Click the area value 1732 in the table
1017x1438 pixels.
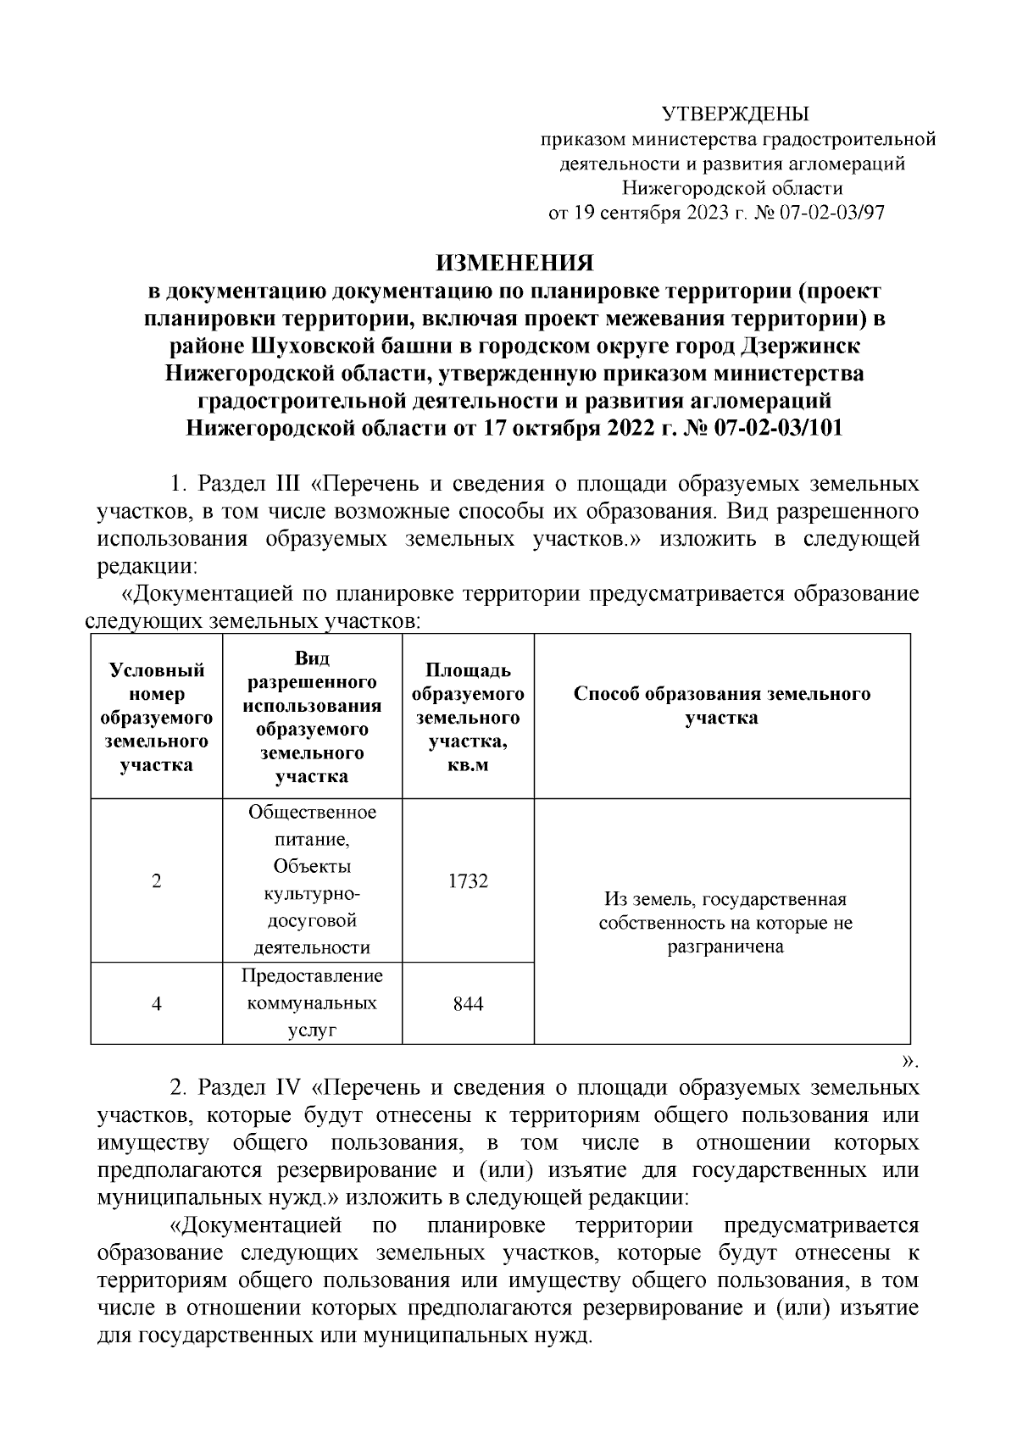pos(468,880)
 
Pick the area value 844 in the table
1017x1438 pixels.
pos(468,1003)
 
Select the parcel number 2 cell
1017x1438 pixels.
pos(157,880)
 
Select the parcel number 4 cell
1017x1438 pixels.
pos(157,1003)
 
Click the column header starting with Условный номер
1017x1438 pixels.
pos(157,717)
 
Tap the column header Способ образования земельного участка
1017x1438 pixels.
pos(721,705)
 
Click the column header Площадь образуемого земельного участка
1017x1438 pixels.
pos(468,717)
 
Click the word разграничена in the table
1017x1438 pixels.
pos(725,947)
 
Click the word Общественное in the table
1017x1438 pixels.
pos(312,812)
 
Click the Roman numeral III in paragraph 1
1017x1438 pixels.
pos(284,484)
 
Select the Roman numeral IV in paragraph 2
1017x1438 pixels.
pos(286,1087)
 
